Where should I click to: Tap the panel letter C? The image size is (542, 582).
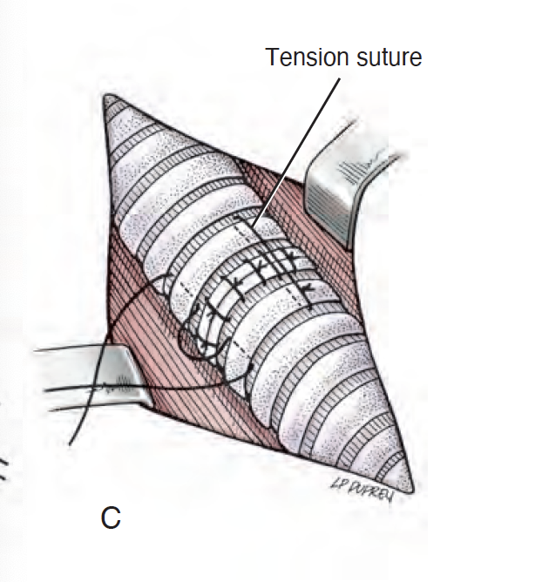[110, 518]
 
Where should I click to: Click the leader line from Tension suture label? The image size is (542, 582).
[296, 148]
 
